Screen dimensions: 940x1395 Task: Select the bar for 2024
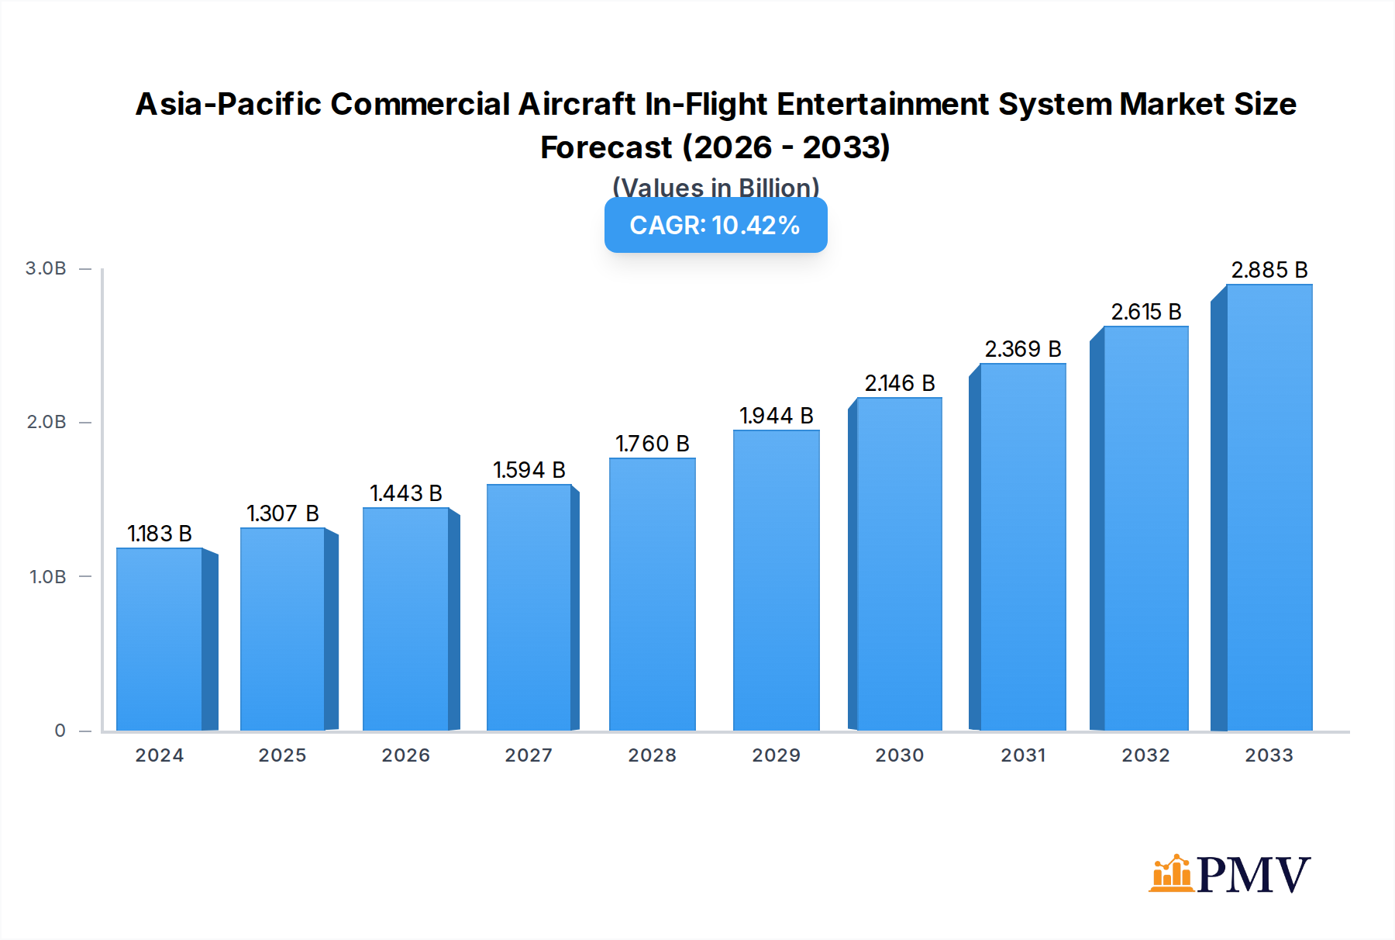point(160,639)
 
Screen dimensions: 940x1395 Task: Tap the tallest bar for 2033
point(1269,508)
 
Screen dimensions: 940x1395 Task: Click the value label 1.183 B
point(160,534)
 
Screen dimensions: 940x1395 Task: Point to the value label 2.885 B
point(1269,270)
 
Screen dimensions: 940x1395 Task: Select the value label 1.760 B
point(652,444)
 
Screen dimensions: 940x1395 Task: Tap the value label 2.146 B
point(899,383)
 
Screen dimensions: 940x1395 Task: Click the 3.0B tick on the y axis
point(46,268)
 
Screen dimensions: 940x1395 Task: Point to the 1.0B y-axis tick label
point(48,577)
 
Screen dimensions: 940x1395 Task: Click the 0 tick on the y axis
point(60,731)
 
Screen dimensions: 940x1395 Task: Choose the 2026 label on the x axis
point(405,755)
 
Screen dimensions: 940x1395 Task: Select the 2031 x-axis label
point(1023,755)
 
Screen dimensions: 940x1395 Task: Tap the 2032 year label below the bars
point(1145,755)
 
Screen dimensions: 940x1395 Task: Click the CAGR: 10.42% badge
point(715,225)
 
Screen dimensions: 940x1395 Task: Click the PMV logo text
point(1253,875)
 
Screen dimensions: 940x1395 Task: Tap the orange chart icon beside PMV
point(1171,874)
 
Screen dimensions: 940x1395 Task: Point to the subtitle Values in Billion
point(715,187)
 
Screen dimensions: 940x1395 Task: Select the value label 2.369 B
point(1022,349)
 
